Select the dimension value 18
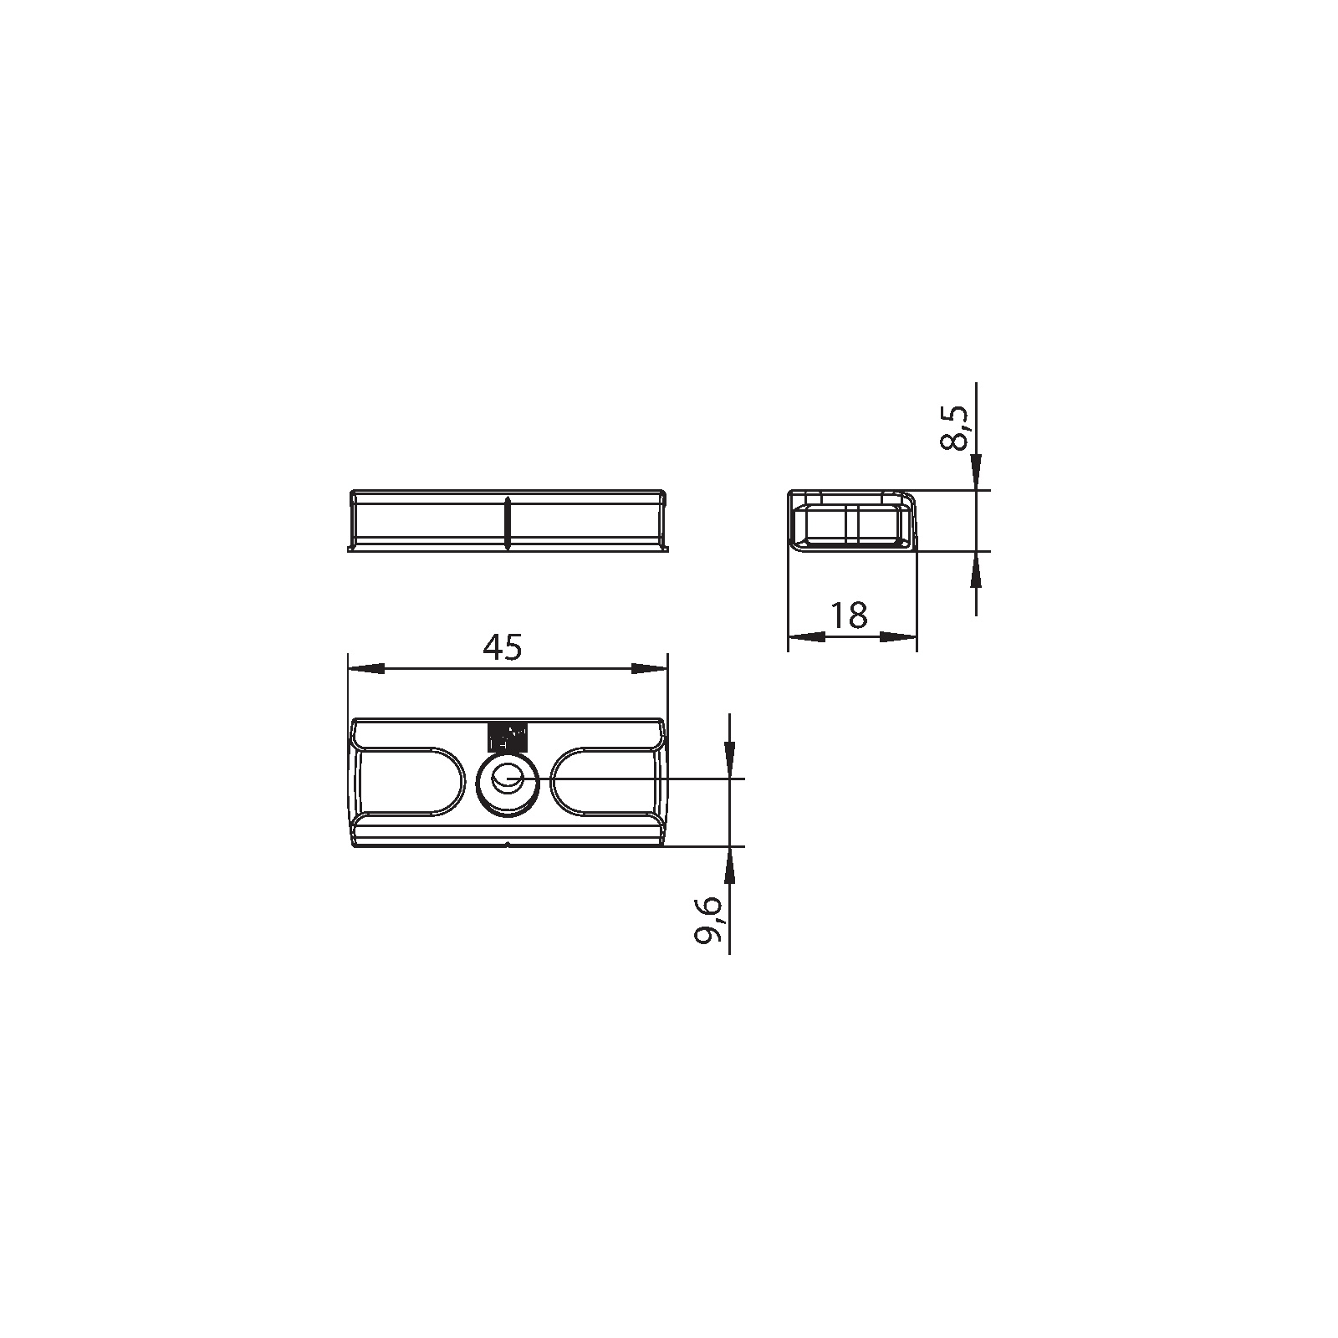850,615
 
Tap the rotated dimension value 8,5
954,428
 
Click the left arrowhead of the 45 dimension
365,668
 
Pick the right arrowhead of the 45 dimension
650,668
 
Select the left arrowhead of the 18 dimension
806,636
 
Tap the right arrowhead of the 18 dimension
899,636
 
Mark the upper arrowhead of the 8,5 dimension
976,471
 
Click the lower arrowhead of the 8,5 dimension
976,569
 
